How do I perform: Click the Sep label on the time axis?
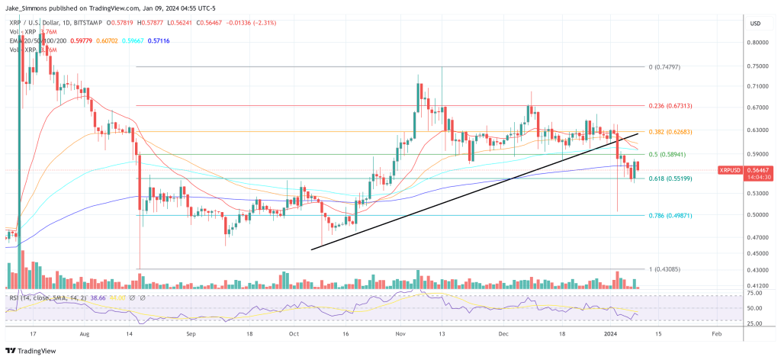tap(192, 334)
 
